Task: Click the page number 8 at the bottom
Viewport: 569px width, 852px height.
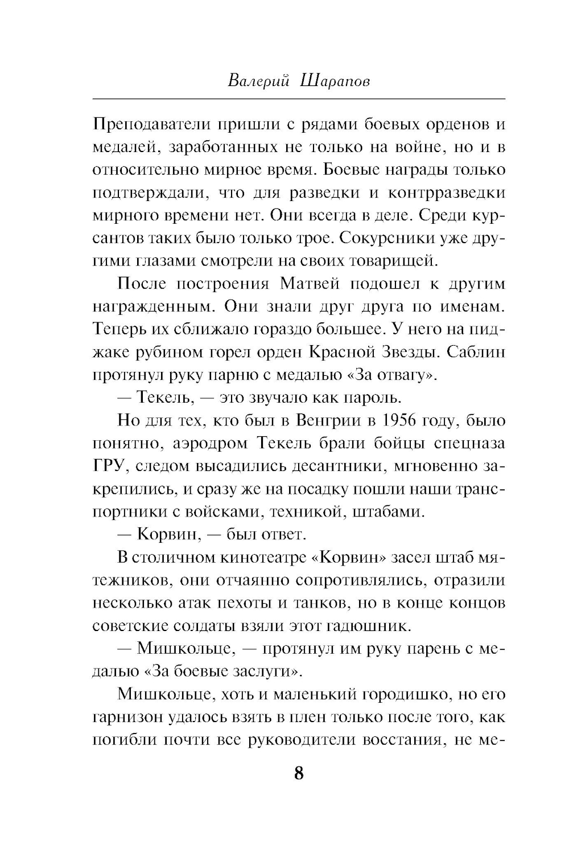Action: [x=299, y=775]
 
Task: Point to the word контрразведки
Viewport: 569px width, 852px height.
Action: [x=446, y=193]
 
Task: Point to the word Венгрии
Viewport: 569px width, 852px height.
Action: [x=324, y=421]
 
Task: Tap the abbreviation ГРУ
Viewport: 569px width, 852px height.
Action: [x=108, y=466]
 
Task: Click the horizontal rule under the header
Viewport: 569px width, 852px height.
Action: [x=299, y=100]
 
